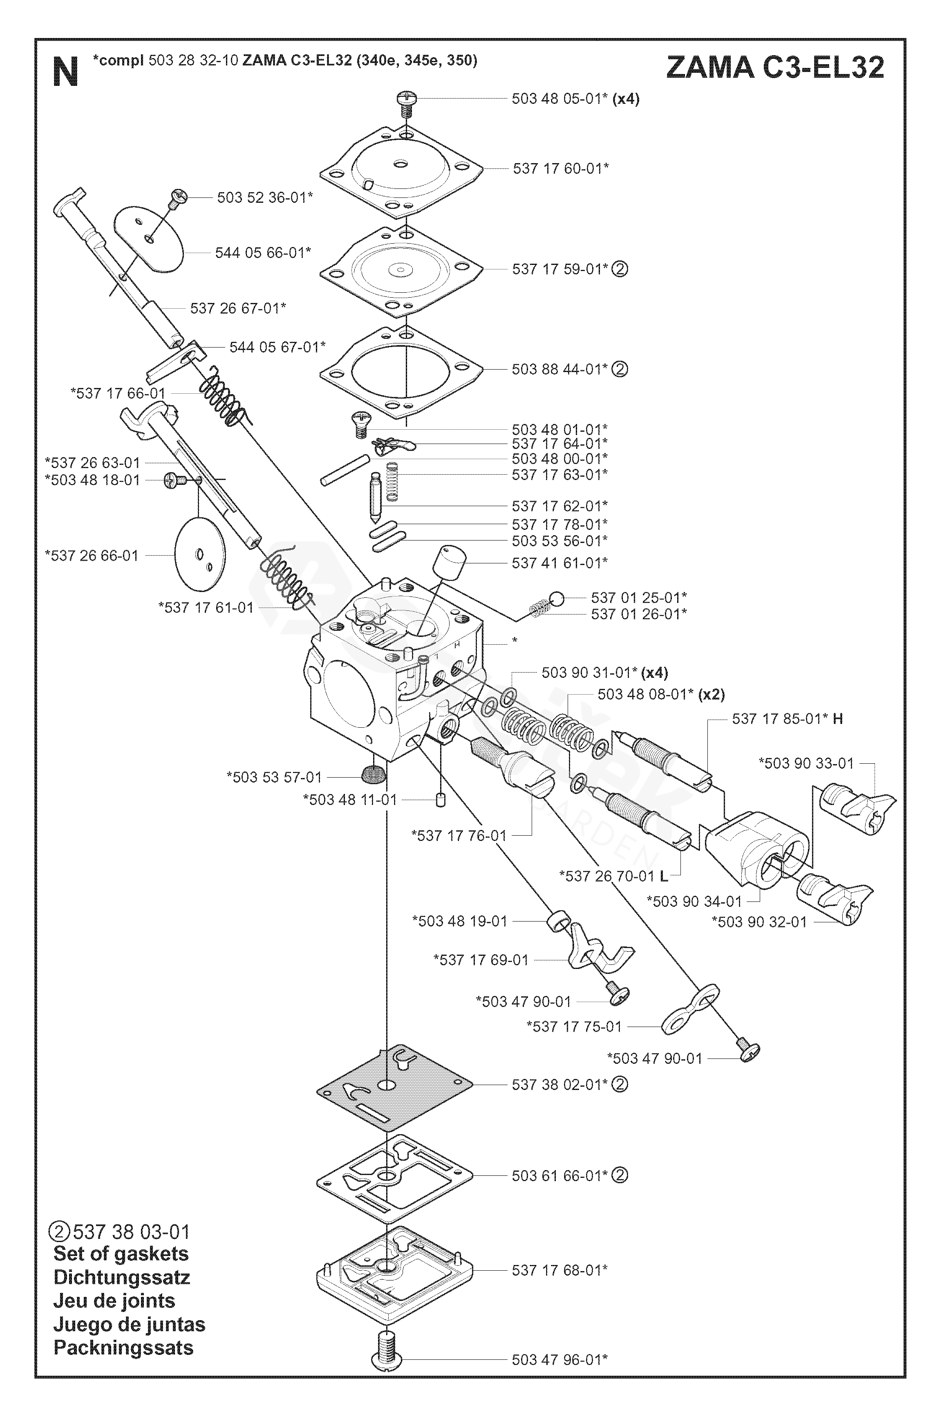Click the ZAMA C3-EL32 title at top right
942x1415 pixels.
[775, 67]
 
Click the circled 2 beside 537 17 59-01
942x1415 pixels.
[620, 269]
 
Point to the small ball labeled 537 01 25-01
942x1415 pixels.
[556, 599]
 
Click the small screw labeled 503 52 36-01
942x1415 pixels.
[179, 198]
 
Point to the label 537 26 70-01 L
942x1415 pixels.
[613, 876]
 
